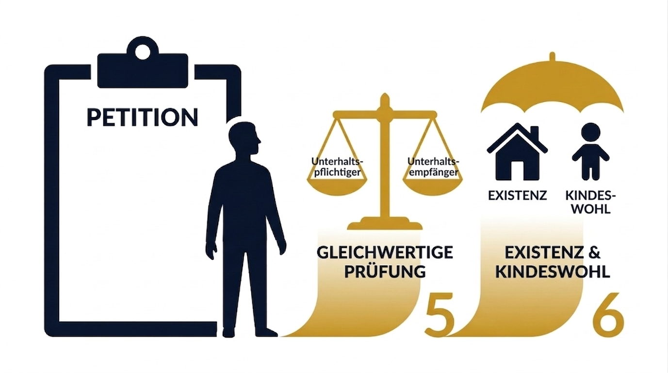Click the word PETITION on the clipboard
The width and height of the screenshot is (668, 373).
142,117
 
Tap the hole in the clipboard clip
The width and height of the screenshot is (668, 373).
143,51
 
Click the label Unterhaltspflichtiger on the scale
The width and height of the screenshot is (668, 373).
338,167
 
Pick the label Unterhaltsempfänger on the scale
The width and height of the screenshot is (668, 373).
433,167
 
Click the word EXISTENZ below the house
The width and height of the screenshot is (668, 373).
517,196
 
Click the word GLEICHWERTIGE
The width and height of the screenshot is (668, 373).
385,253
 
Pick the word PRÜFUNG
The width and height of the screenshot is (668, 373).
385,271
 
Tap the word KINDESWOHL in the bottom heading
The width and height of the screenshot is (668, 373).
552,271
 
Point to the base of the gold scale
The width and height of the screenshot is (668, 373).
385,225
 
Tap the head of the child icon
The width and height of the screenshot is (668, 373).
590,132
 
